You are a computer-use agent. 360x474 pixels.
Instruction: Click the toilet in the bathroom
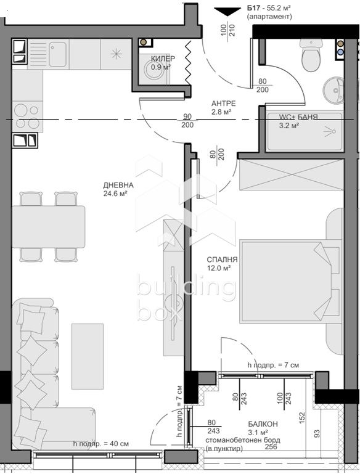[x=311, y=55]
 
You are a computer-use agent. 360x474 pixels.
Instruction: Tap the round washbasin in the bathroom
[x=333, y=90]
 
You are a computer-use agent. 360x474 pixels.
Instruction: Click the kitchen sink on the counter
[x=57, y=54]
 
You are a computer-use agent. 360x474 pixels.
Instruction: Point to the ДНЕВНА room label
[x=118, y=186]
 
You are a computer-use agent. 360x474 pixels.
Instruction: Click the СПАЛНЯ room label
[x=222, y=259]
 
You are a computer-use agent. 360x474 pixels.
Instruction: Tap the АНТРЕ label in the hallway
[x=223, y=104]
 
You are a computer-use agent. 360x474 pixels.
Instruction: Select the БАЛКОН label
[x=263, y=424]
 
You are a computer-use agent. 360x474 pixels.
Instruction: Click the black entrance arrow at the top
[x=227, y=12]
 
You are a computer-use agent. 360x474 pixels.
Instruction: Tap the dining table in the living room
[x=48, y=227]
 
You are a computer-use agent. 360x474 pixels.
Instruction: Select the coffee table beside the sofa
[x=88, y=356]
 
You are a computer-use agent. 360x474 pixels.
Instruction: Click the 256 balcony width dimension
[x=271, y=447]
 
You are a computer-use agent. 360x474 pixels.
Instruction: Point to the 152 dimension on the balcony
[x=301, y=418]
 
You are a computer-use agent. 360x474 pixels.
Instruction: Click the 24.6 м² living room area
[x=115, y=194]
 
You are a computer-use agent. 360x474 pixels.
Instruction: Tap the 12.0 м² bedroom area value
[x=219, y=268]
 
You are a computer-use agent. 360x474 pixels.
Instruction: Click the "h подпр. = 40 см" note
[x=101, y=444]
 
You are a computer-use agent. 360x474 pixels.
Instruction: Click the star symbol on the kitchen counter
[x=116, y=54]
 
